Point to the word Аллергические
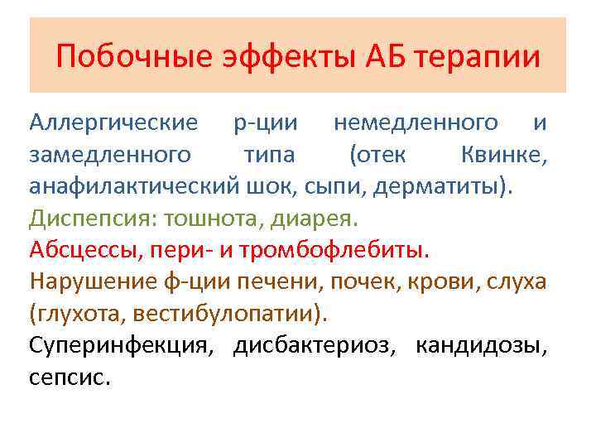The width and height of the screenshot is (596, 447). [x=113, y=123]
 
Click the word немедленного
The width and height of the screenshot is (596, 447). [x=416, y=123]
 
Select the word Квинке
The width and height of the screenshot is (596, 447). [x=502, y=154]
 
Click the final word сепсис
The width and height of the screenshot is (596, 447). [x=69, y=377]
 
